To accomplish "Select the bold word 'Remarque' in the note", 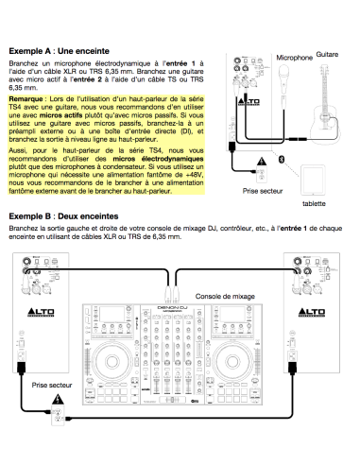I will (x=28, y=97).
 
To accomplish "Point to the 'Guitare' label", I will (x=328, y=55).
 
